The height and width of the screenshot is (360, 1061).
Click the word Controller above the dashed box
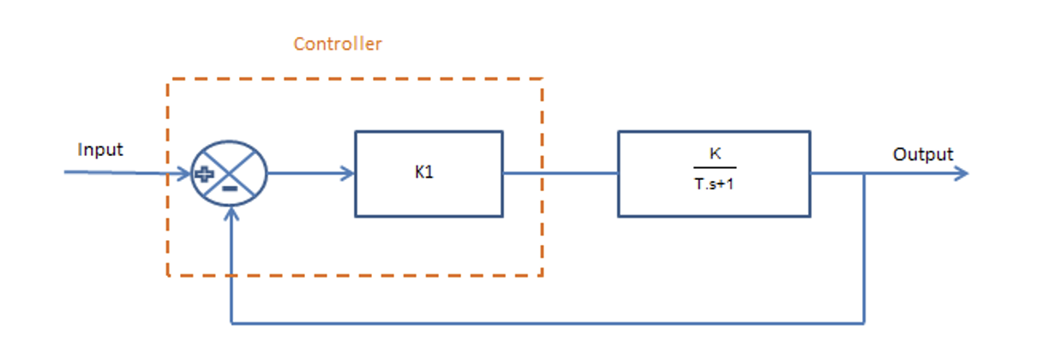pyautogui.click(x=337, y=44)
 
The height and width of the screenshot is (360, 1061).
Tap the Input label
pyautogui.click(x=100, y=150)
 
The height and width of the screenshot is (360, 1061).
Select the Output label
pyautogui.click(x=922, y=155)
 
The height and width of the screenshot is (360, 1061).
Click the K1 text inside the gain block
pyautogui.click(x=424, y=172)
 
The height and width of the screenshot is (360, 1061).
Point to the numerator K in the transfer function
pyautogui.click(x=714, y=155)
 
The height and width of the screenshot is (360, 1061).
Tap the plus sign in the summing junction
pyautogui.click(x=204, y=174)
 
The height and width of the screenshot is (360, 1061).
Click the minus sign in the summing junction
pyautogui.click(x=230, y=186)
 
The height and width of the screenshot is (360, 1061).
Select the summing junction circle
pyautogui.click(x=229, y=173)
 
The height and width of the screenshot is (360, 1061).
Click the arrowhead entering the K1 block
pyautogui.click(x=348, y=173)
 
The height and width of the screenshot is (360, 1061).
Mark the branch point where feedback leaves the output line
pyautogui.click(x=865, y=173)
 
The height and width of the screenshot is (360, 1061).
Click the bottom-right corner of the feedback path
pyautogui.click(x=865, y=324)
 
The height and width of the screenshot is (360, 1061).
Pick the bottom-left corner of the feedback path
pyautogui.click(x=232, y=324)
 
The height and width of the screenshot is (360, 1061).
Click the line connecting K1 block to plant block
pyautogui.click(x=560, y=173)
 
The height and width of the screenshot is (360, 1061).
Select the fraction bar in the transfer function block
pyautogui.click(x=714, y=169)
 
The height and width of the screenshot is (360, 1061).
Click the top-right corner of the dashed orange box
pyautogui.click(x=542, y=80)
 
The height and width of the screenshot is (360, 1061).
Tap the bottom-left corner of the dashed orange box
pyautogui.click(x=168, y=275)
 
